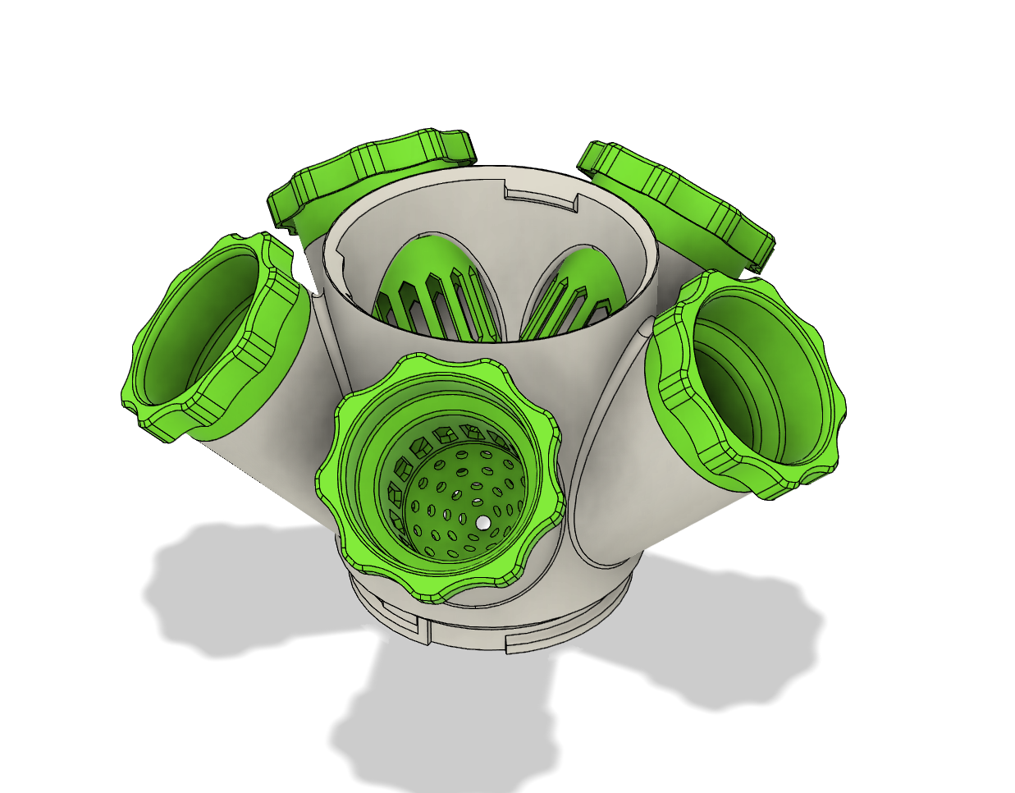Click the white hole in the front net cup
pyautogui.click(x=483, y=522)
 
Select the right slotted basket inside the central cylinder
pyautogui.click(x=574, y=296)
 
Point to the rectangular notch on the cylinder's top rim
pyautogui.click(x=542, y=197)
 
